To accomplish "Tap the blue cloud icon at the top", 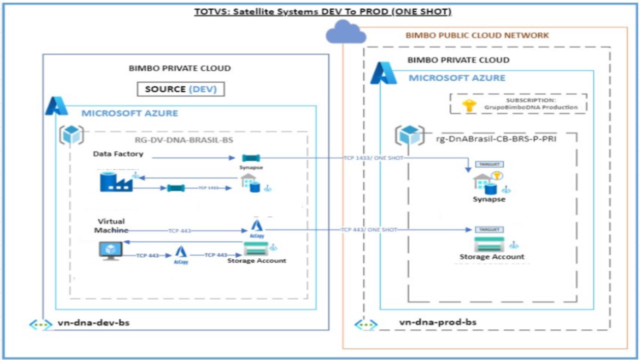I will [x=345, y=33].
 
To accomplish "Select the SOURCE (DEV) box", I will [x=180, y=89].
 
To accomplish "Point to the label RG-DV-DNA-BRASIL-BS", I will [x=184, y=140].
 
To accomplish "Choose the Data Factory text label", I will [x=118, y=154].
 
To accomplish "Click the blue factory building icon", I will [x=116, y=181].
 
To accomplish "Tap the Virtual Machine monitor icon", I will [x=110, y=250].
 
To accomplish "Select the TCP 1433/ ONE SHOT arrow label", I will [x=372, y=158].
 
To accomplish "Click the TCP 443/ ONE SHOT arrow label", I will [x=369, y=229].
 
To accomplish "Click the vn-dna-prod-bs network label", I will [x=437, y=322].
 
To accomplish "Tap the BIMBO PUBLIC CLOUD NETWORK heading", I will [x=477, y=35].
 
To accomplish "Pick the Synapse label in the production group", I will [x=489, y=199].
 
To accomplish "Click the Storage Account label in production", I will [x=492, y=257].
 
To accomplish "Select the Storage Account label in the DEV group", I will [x=256, y=260].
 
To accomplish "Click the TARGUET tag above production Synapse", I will [x=489, y=164].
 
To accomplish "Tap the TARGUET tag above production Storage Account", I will [x=489, y=229].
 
